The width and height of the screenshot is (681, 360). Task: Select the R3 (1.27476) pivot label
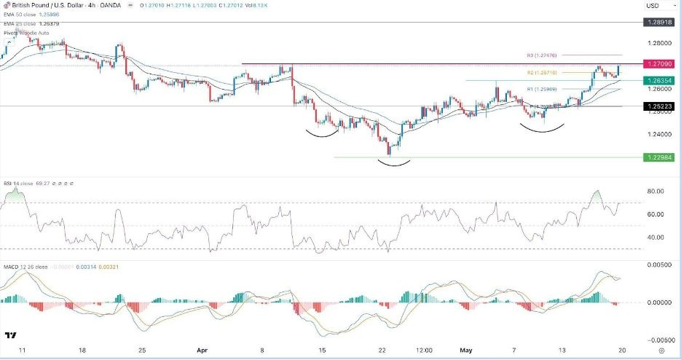pyautogui.click(x=542, y=55)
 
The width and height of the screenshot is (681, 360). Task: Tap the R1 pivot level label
pyautogui.click(x=542, y=89)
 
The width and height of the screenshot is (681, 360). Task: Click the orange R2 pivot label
pyautogui.click(x=542, y=73)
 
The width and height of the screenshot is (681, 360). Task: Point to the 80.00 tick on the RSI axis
pyautogui.click(x=656, y=192)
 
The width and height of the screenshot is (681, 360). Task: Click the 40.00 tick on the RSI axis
pyautogui.click(x=656, y=238)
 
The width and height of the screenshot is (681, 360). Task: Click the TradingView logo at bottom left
pyautogui.click(x=11, y=336)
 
